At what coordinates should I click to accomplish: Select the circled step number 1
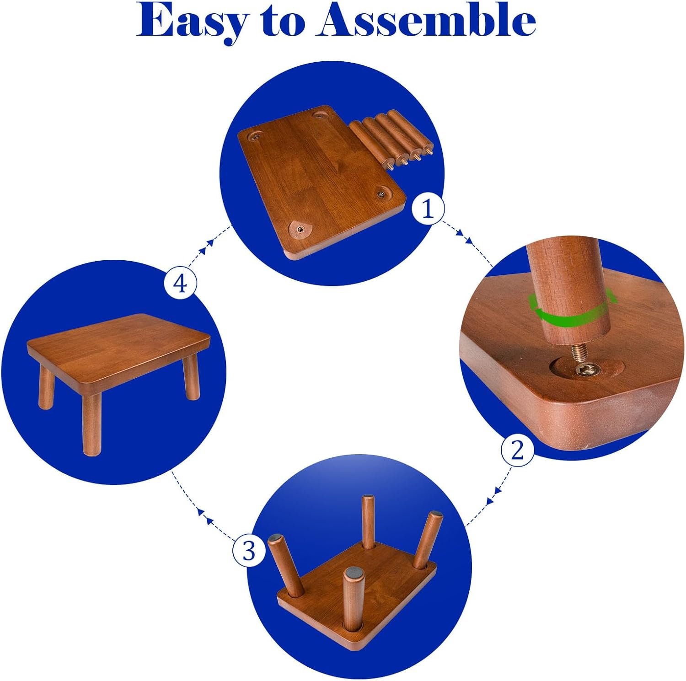(x=428, y=209)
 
